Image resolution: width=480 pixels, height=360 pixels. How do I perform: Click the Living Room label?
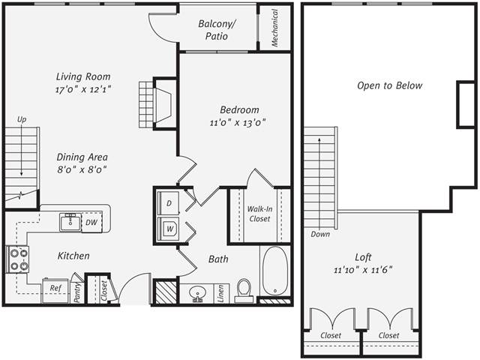click(x=83, y=76)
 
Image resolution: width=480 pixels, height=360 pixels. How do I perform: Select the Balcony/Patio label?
click(x=217, y=29)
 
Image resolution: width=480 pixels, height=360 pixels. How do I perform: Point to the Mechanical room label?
click(x=275, y=28)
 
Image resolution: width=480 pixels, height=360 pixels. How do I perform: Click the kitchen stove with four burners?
click(x=18, y=259)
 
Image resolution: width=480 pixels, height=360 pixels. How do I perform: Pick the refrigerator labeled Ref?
click(x=55, y=287)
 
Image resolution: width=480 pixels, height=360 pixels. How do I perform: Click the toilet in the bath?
click(x=244, y=289)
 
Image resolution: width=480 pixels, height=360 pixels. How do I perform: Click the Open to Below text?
click(x=389, y=85)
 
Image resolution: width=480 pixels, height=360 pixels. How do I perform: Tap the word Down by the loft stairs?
click(x=321, y=234)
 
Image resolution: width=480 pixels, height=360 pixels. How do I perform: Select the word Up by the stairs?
click(x=22, y=119)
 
